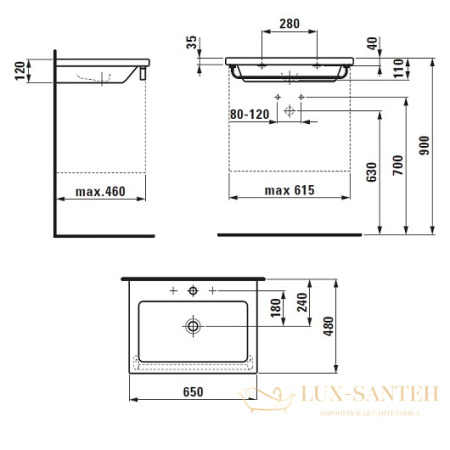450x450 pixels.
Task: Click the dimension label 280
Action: (x=289, y=22)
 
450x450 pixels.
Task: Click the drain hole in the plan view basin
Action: (x=192, y=324)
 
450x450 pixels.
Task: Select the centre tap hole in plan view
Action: (x=192, y=291)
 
